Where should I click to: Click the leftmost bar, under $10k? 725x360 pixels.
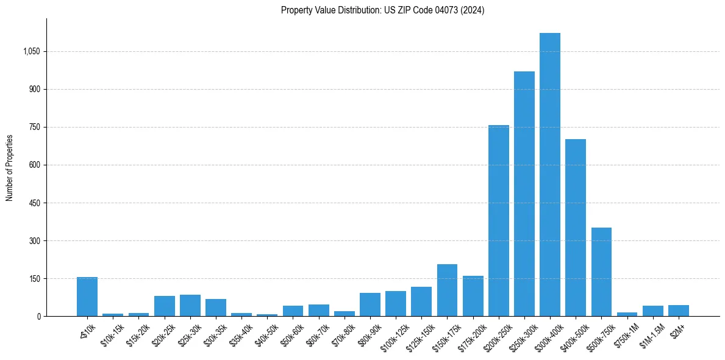tap(87, 297)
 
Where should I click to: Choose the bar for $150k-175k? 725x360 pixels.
tap(447, 290)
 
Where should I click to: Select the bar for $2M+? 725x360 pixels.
tap(679, 311)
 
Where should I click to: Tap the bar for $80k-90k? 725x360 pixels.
tap(370, 304)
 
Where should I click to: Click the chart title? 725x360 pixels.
tap(383, 10)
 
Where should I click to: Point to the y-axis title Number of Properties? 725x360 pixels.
tap(10, 168)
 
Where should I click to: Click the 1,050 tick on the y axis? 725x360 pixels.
tap(31, 51)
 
